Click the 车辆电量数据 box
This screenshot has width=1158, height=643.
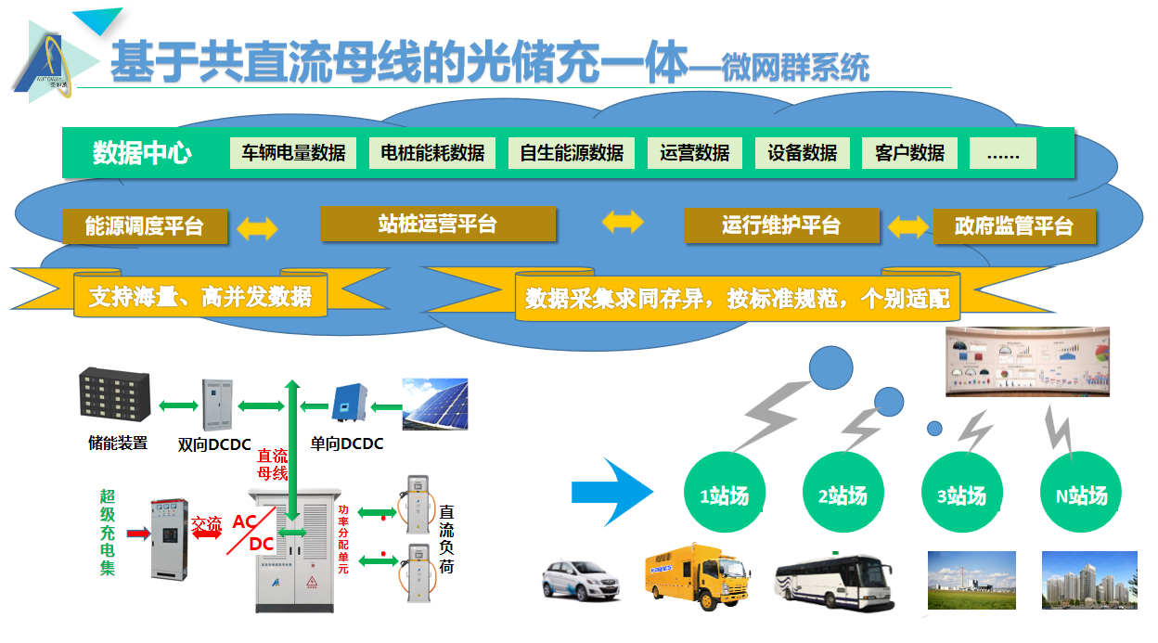click(x=293, y=153)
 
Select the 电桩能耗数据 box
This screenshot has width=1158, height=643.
click(x=432, y=153)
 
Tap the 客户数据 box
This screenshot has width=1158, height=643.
click(x=909, y=153)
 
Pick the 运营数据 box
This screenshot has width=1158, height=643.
click(x=695, y=153)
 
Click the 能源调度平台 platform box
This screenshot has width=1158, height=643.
click(x=144, y=226)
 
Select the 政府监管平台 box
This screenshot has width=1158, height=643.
click(x=1013, y=226)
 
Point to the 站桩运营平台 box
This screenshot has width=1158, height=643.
click(x=438, y=224)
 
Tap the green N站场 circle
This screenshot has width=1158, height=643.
click(x=1081, y=495)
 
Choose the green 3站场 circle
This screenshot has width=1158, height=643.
click(x=961, y=495)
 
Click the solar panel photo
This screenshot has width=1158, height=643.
click(x=434, y=404)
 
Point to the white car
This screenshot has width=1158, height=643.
click(x=581, y=579)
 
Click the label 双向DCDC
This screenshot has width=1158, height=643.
click(x=216, y=444)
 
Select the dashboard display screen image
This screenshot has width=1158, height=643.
click(x=1027, y=361)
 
